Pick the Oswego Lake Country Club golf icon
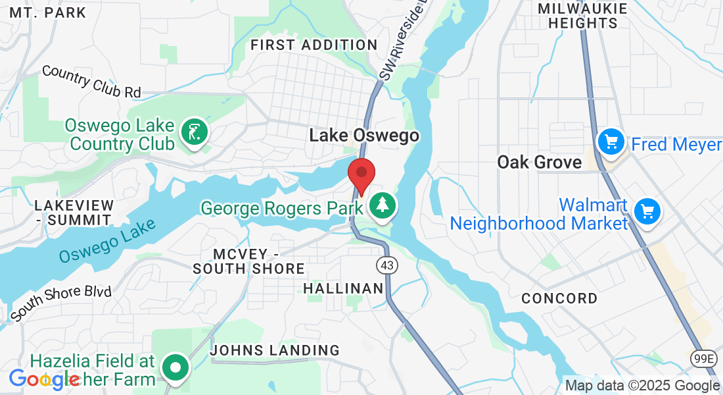click(194, 132)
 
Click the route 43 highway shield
click(386, 265)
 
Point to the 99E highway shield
click(705, 358)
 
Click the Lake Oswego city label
click(364, 136)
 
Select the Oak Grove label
click(540, 162)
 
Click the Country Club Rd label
click(91, 81)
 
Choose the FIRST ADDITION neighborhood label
click(314, 45)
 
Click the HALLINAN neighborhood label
click(343, 288)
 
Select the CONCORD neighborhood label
click(559, 298)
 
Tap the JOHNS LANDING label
click(275, 350)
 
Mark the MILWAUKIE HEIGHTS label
click(577, 16)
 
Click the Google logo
click(44, 379)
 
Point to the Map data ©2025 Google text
click(642, 386)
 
